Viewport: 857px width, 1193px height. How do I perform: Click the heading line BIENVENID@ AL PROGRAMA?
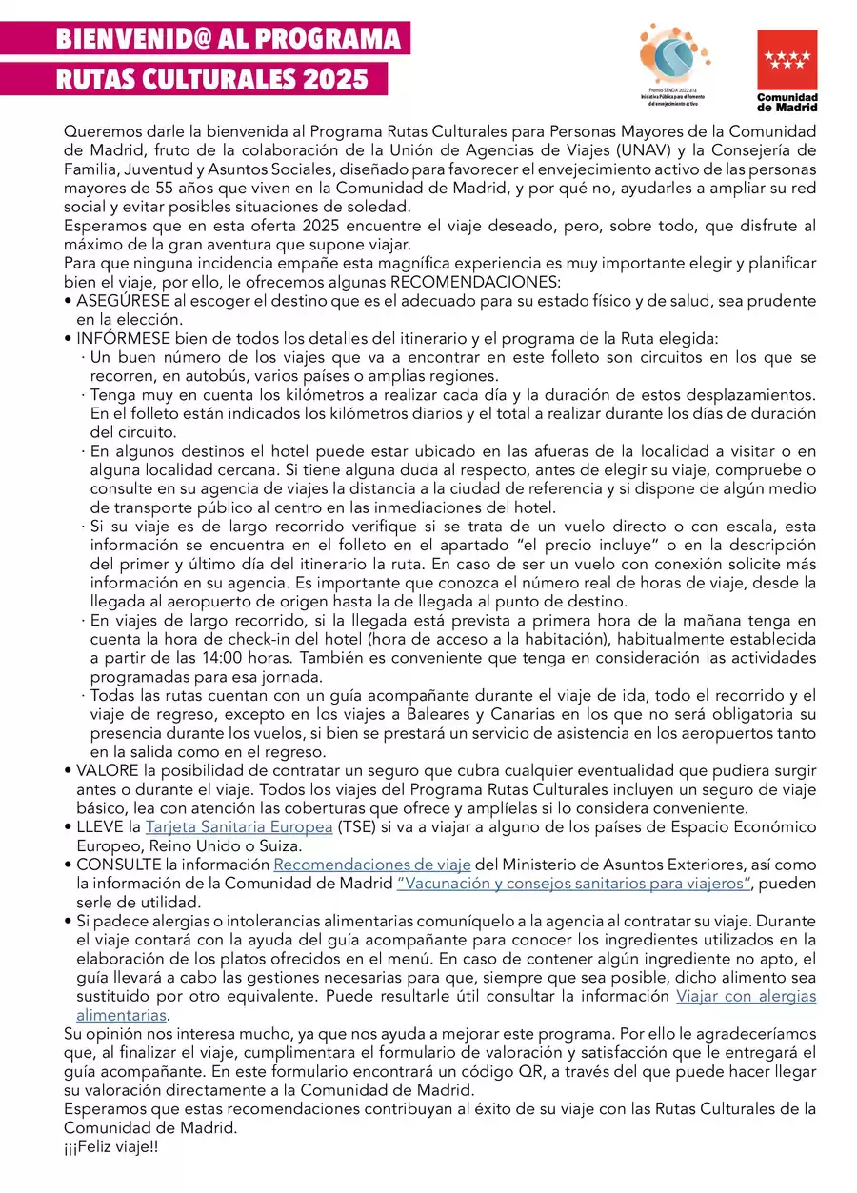pyautogui.click(x=228, y=39)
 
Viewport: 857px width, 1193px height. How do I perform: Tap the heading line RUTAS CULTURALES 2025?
pyautogui.click(x=211, y=79)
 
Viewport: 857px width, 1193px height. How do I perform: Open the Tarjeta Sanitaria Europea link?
pyautogui.click(x=239, y=826)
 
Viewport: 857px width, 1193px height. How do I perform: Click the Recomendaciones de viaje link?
pyautogui.click(x=372, y=865)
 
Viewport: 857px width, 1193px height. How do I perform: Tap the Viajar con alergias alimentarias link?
pyautogui.click(x=746, y=997)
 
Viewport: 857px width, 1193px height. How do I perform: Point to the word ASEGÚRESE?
pyautogui.click(x=123, y=300)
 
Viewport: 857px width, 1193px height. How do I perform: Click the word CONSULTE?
pyautogui.click(x=118, y=865)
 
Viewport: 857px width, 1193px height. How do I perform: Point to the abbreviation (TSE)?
pyautogui.click(x=356, y=826)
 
